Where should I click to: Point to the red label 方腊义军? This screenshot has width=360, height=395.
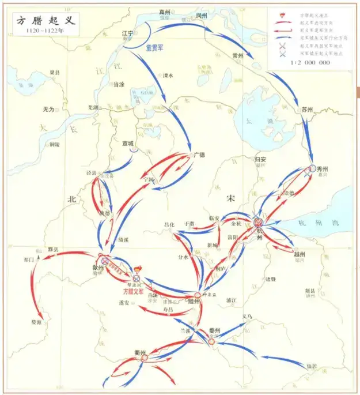[x=134, y=292]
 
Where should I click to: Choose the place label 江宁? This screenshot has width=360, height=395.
[x=128, y=33]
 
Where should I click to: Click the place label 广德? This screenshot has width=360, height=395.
[x=199, y=155]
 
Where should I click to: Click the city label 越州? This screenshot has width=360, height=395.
[x=300, y=254]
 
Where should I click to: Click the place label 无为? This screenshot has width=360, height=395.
[x=48, y=109]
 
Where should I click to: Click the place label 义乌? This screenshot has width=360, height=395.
[x=247, y=317]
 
